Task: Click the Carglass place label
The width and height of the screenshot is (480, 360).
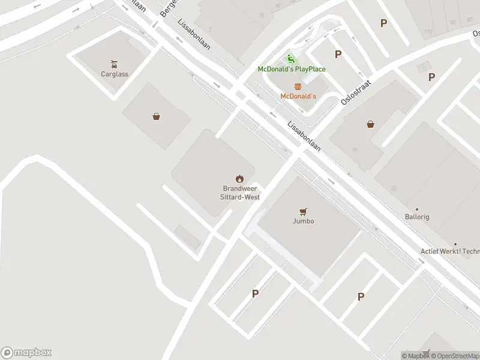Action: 114,74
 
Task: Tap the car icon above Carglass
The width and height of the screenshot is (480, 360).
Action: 114,64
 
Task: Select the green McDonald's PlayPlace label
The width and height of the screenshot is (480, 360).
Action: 292,69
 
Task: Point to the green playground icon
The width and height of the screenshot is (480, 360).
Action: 291,59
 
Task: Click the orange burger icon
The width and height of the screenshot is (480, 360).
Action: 298,86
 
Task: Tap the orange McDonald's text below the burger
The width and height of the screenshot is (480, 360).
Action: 298,96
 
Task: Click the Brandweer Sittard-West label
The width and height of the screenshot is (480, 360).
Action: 239,192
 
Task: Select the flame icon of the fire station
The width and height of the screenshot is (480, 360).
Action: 239,178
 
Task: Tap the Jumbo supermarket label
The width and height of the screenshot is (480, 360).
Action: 304,221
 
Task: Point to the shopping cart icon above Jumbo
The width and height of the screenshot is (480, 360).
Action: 304,211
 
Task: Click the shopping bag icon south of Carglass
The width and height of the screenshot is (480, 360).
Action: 157,116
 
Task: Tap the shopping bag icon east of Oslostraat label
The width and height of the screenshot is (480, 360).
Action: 371,125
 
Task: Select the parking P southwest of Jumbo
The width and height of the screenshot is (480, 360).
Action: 255,293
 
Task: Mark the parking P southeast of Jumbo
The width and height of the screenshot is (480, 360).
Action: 361,296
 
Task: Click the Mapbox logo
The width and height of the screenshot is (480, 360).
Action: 26,353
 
